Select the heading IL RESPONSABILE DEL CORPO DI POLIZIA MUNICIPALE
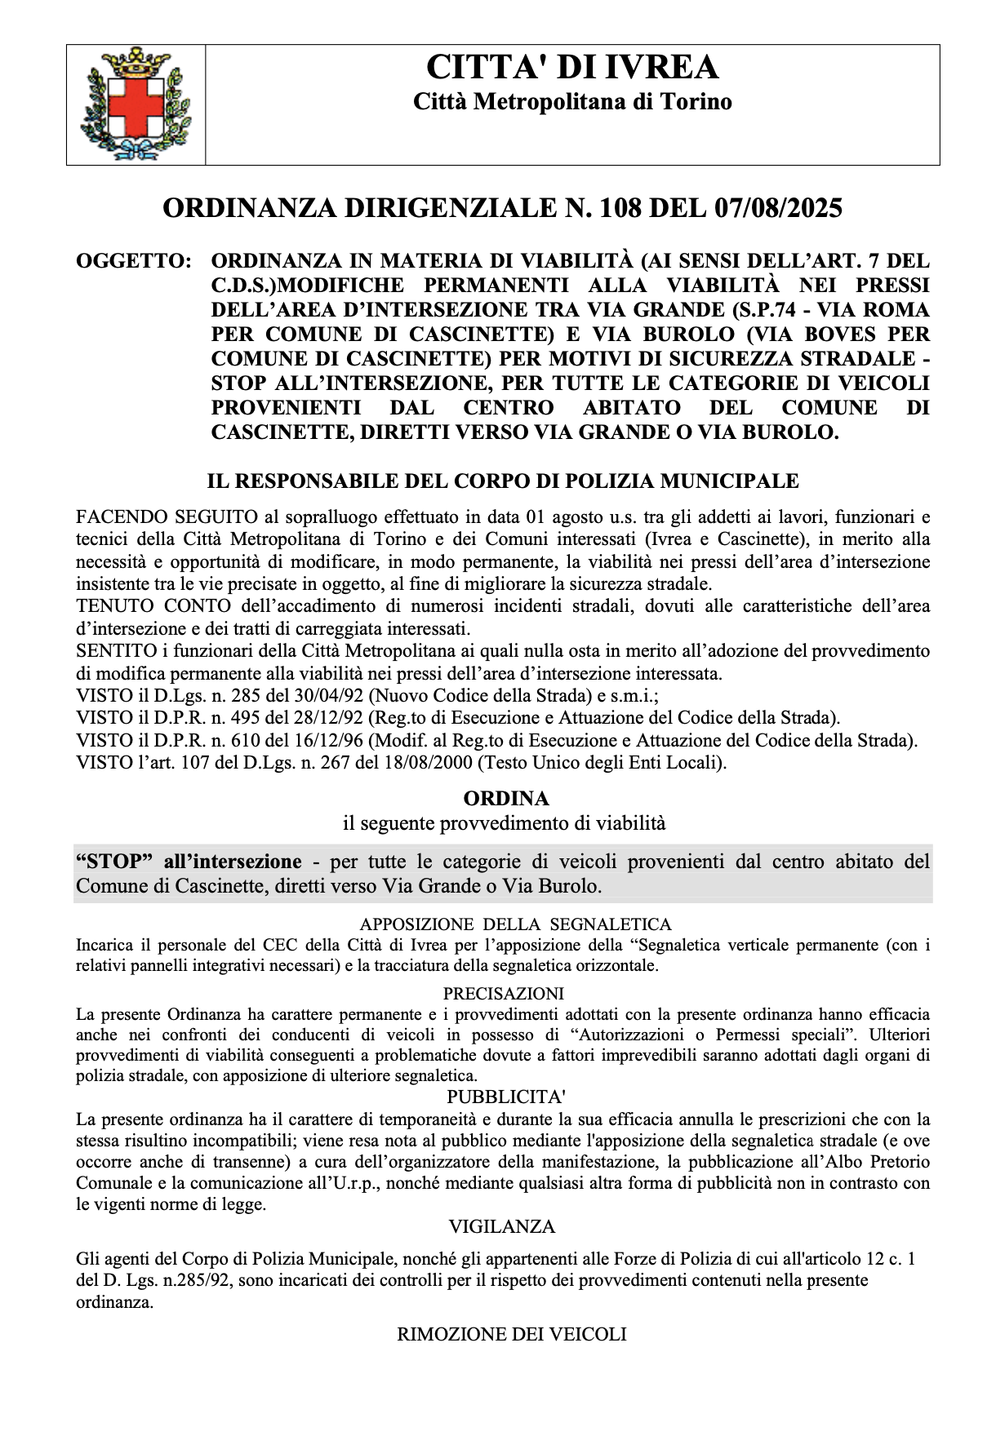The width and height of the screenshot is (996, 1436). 502,481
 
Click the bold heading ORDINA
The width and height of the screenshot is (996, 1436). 505,797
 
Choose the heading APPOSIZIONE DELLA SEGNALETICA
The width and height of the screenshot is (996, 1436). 515,924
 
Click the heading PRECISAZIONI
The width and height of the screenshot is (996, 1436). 504,994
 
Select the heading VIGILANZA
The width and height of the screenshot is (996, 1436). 501,1226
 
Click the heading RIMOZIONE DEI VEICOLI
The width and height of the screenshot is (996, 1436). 511,1335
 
